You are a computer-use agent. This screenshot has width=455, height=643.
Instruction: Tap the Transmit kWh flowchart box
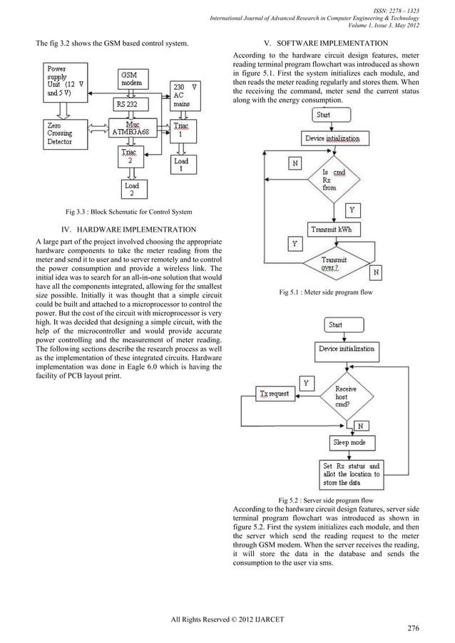pos(334,229)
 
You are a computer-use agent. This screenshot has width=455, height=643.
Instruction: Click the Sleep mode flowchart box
pos(349,443)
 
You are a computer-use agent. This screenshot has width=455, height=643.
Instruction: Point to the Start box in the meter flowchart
pos(323,114)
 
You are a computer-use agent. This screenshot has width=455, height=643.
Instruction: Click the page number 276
pos(412,628)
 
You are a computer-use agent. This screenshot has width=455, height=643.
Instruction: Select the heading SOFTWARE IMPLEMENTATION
pos(326,44)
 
